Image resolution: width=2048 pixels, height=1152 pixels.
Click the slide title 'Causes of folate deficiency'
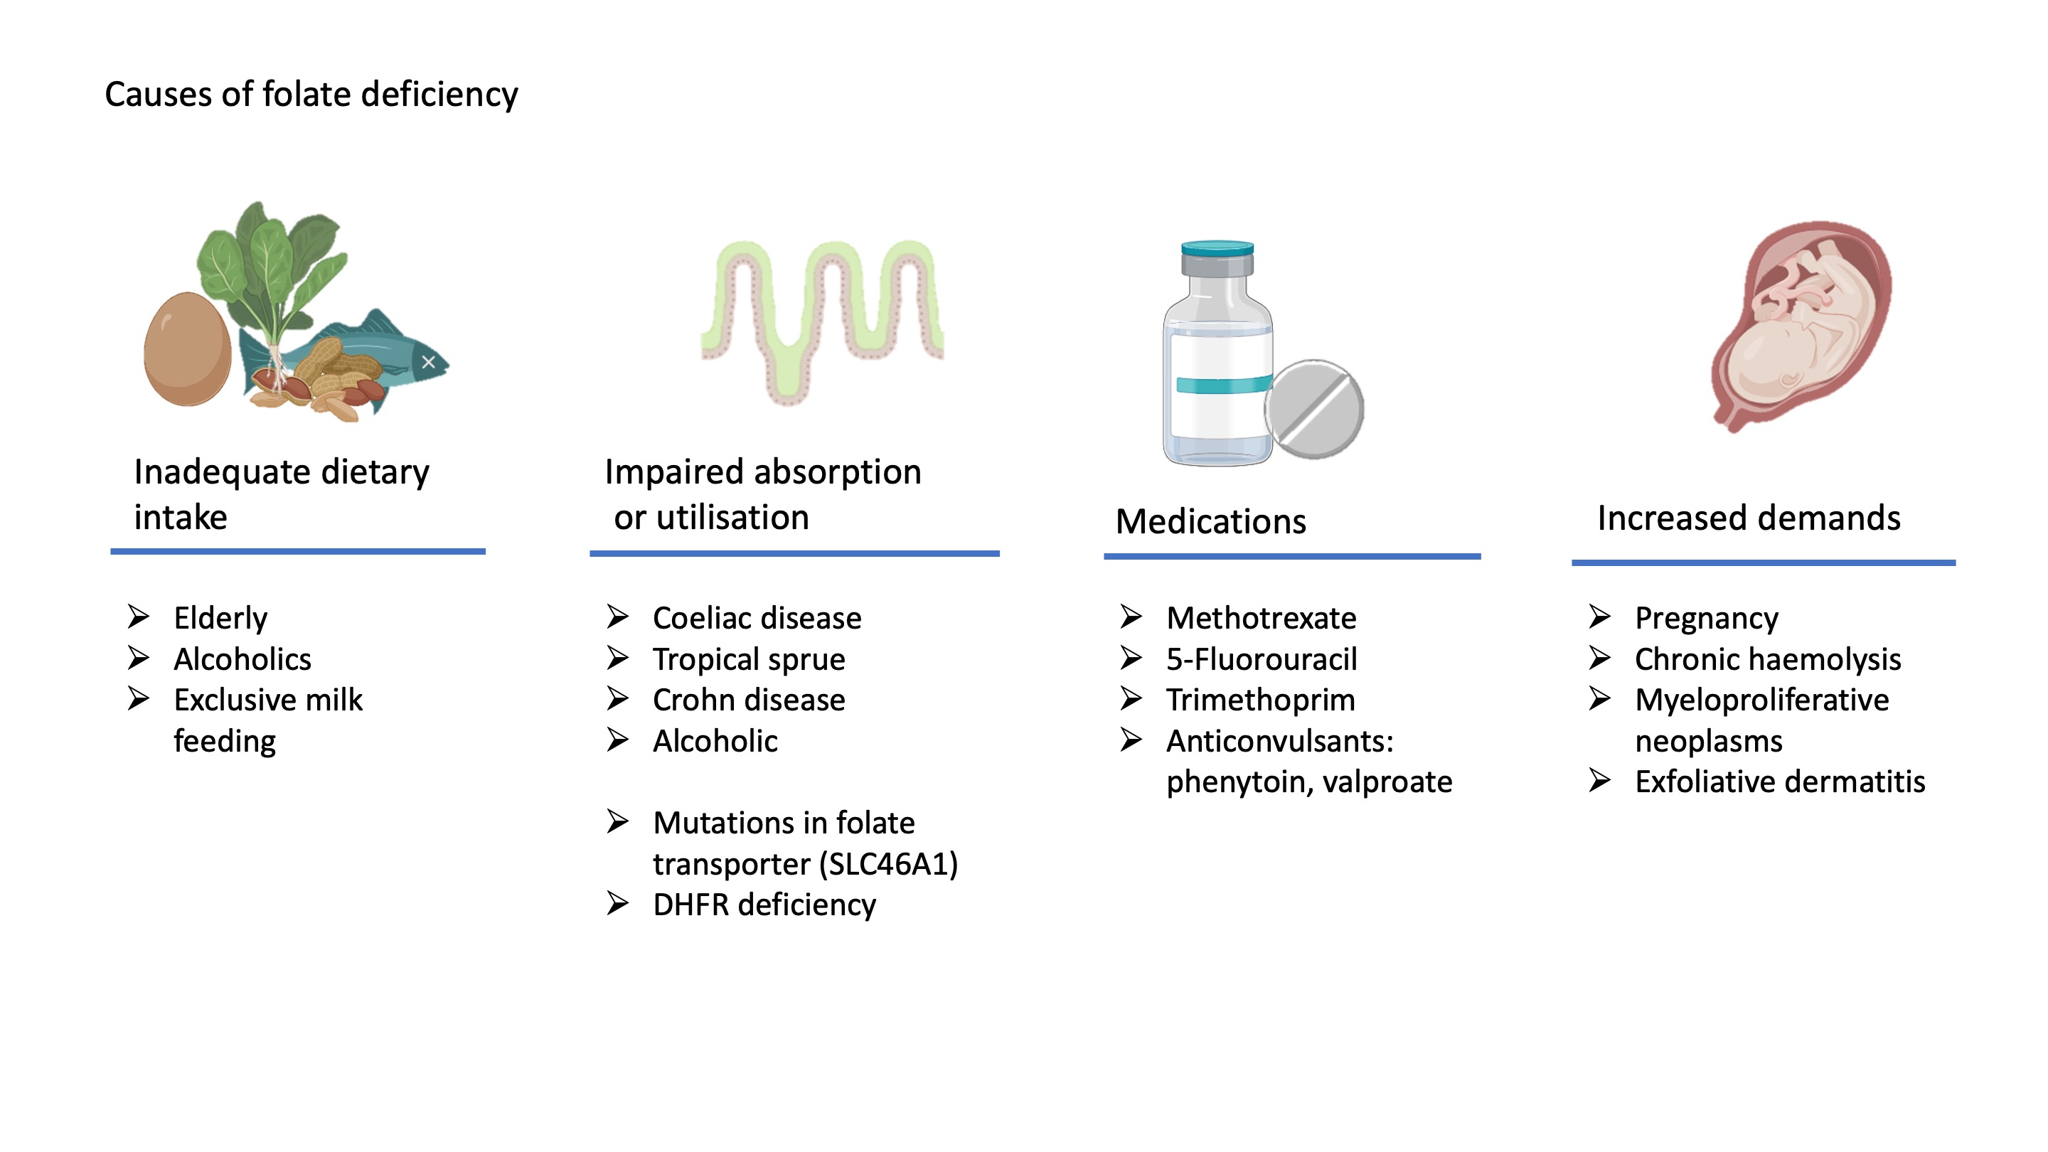311,94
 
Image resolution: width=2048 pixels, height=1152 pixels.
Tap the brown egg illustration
187,349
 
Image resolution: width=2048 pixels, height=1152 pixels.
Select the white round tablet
1313,410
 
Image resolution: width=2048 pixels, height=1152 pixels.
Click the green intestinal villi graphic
823,318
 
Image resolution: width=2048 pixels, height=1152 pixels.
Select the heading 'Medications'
1210,521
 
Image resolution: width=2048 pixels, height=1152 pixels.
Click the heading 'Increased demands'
1749,518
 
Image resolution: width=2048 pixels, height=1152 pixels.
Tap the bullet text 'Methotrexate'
1261,618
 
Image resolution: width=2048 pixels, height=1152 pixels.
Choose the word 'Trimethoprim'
1260,700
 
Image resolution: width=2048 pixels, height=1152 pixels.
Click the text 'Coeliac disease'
757,618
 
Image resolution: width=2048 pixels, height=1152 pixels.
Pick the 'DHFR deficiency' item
764,905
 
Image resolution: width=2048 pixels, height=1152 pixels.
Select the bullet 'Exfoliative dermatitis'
1779,782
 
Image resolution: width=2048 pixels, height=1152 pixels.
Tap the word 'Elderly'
220,618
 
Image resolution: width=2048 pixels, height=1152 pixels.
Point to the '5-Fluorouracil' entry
1262,659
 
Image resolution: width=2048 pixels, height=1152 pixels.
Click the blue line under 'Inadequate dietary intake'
297,551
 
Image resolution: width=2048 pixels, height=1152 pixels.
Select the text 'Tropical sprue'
749,659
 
